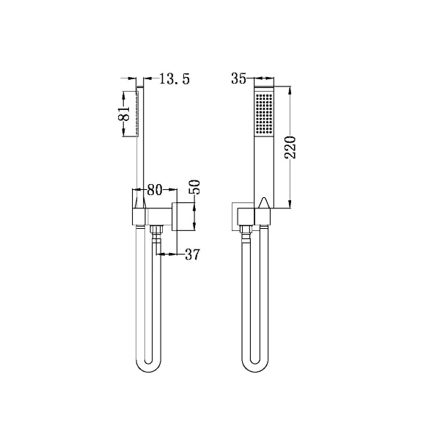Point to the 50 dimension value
pyautogui.click(x=195, y=186)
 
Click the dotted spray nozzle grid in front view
pyautogui.click(x=263, y=114)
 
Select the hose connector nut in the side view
pyautogui.click(x=155, y=235)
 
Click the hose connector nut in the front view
pyautogui.click(x=246, y=235)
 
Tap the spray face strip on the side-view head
pyautogui.click(x=136, y=114)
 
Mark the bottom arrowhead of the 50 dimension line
pyautogui.click(x=194, y=228)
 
